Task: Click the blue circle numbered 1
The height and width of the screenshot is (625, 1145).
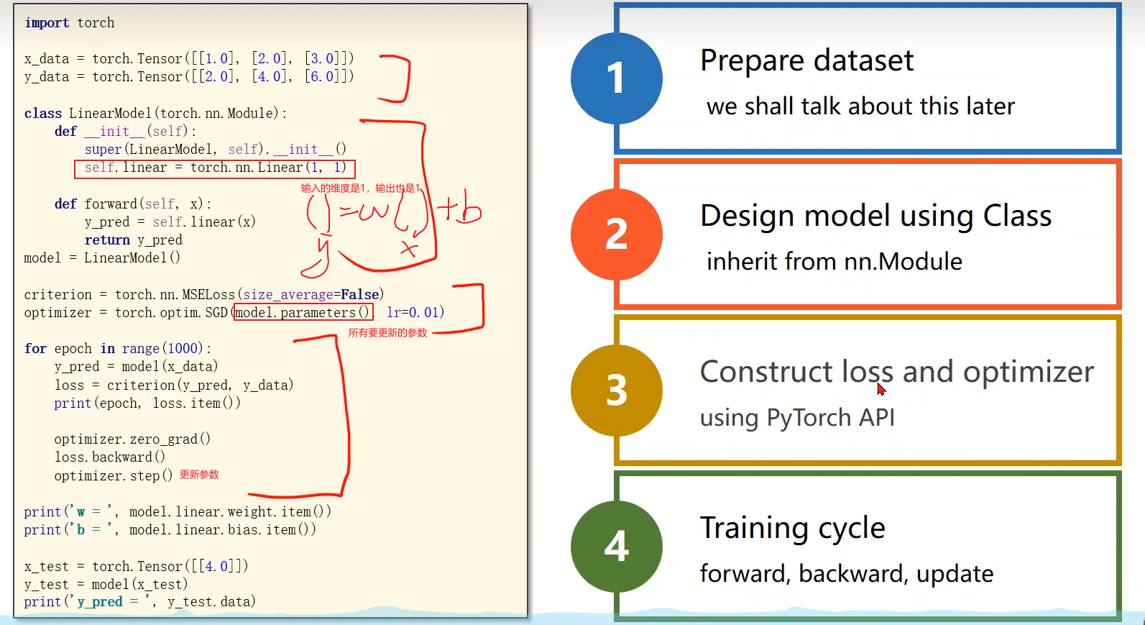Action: (x=616, y=78)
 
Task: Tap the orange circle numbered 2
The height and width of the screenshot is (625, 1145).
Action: (x=616, y=234)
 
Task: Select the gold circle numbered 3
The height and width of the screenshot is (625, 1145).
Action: (x=616, y=390)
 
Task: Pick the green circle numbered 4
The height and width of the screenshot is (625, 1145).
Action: (x=616, y=546)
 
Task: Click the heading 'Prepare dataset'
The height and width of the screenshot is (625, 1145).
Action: (x=806, y=60)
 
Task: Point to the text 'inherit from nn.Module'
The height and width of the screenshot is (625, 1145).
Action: (x=834, y=261)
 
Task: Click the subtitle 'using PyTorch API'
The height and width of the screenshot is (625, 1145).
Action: (x=797, y=417)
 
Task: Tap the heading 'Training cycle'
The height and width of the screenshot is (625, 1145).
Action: (x=792, y=528)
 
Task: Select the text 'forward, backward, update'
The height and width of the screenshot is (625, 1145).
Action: (x=846, y=573)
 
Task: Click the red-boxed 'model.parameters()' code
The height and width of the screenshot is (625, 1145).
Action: (x=303, y=312)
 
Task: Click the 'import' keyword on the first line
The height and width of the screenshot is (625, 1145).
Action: (x=47, y=22)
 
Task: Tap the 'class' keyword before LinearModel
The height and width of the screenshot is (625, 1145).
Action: (x=42, y=113)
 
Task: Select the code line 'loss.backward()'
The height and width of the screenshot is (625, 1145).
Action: (x=109, y=457)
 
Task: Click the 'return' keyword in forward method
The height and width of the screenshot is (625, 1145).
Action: (x=107, y=239)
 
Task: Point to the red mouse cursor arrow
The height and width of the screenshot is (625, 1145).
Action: (x=880, y=388)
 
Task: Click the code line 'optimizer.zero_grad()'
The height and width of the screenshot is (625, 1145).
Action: (x=132, y=439)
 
